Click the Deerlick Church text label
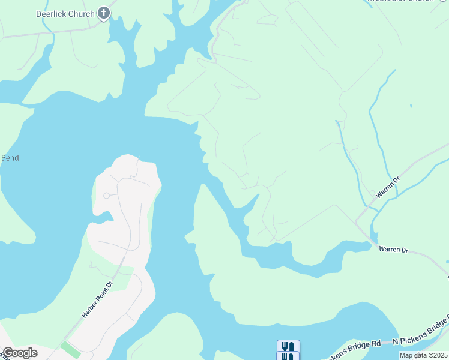[74, 14]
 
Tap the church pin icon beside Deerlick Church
[104, 13]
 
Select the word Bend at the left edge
[10, 158]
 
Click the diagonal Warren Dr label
[387, 187]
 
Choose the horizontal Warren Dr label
[393, 249]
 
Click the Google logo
[20, 353]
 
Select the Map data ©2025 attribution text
[424, 355]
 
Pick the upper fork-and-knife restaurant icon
[288, 346]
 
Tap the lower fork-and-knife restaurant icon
[288, 356]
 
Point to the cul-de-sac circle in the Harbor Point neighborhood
[106, 195]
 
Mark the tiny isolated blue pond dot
[411, 106]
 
